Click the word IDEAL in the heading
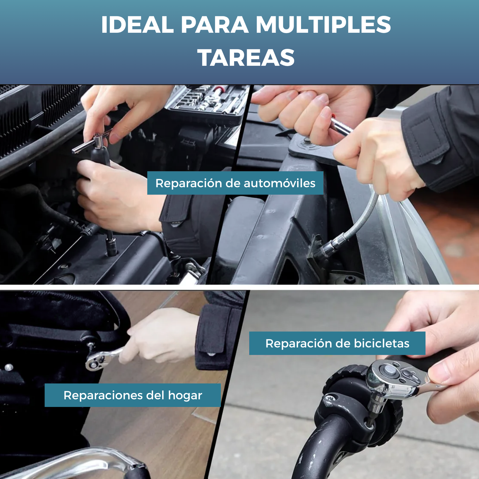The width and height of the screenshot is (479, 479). (x=137, y=25)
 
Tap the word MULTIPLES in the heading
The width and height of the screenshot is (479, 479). (x=323, y=25)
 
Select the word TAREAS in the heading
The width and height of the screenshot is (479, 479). (x=246, y=58)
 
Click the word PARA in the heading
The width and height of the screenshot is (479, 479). (x=215, y=25)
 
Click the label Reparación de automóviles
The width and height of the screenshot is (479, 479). (x=235, y=183)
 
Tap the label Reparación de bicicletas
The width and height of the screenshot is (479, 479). (x=337, y=343)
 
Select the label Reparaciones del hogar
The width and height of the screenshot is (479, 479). (x=133, y=395)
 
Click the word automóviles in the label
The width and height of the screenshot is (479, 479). (x=279, y=183)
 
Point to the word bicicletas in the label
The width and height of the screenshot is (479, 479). (x=382, y=343)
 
